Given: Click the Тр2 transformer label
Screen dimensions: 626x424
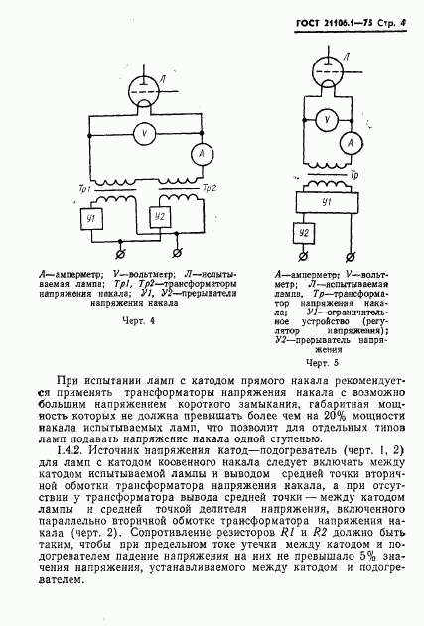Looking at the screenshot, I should pos(208,187).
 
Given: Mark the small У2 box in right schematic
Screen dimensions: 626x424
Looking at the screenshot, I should pos(308,233).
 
